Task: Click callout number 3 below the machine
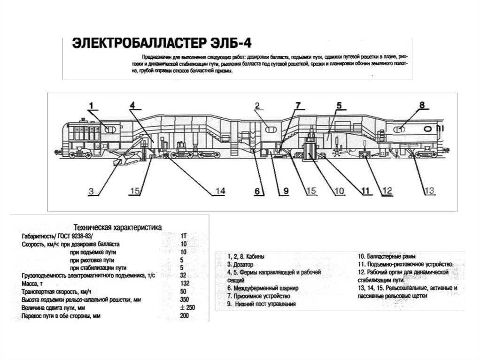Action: coord(92,191)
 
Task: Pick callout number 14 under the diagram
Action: coord(219,191)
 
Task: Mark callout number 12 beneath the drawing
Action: coord(387,191)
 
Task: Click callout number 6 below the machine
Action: coord(257,191)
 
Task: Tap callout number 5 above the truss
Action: coord(338,105)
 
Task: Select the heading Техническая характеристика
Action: coord(117,226)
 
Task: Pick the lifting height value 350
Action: coord(184,299)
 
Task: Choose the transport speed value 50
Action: coord(183,291)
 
